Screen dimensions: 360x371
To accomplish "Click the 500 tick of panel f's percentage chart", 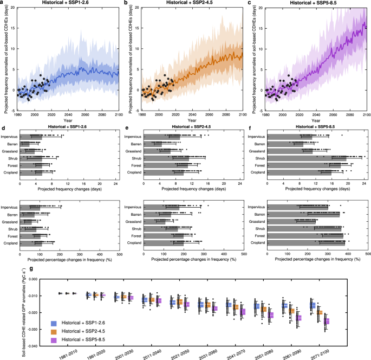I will coord(368,253).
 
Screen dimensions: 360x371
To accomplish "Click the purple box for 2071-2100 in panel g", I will coord(327,322).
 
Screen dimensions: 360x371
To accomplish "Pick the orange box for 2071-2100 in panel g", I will coord(320,313).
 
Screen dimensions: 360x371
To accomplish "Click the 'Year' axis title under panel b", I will coord(189,121).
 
